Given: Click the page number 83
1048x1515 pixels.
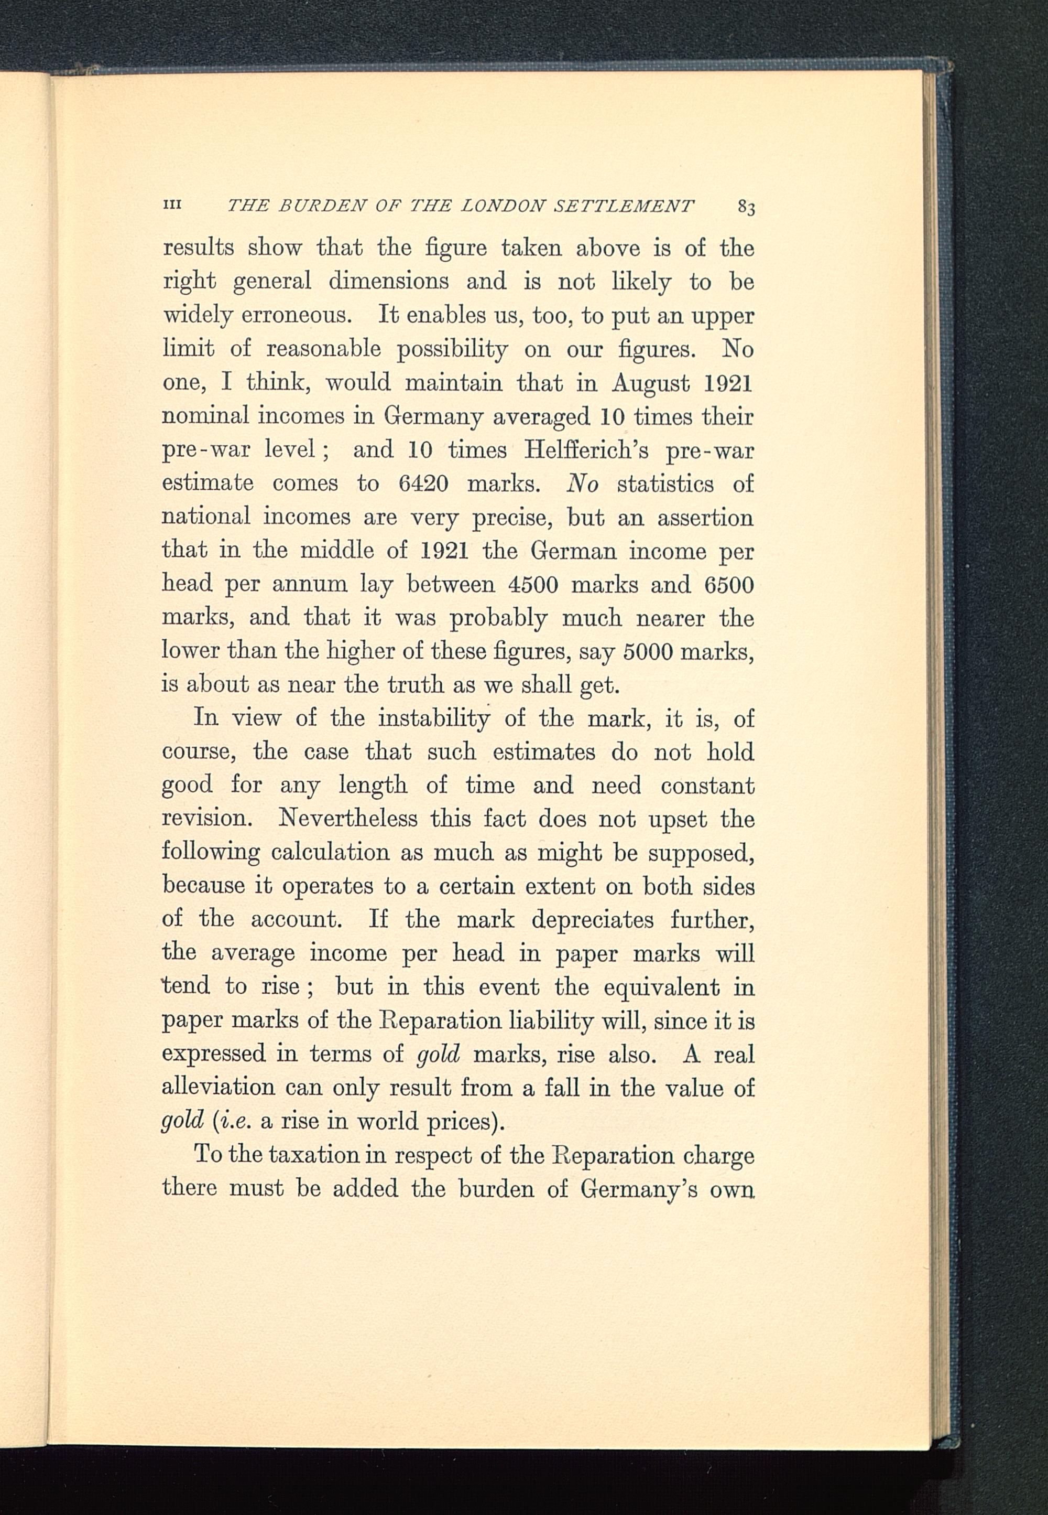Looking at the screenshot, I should coord(746,208).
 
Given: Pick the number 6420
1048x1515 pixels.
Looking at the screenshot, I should coord(423,484).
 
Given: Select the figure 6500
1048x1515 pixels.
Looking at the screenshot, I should coord(729,585).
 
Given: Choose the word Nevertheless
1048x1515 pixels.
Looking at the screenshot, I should coord(348,819).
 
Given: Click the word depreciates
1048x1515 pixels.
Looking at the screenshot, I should coord(592,919).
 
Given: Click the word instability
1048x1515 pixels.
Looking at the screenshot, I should coord(434,719).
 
